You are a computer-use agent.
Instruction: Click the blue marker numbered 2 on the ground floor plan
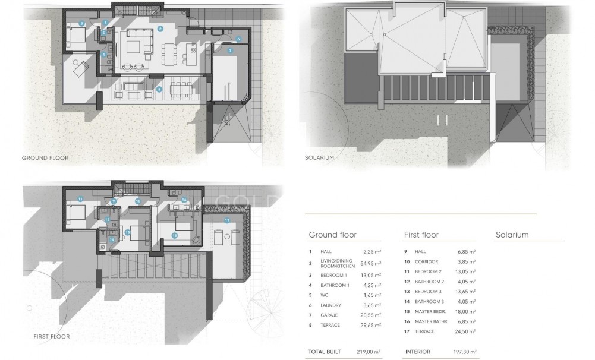click(160, 29)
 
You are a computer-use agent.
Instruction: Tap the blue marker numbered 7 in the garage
click(229, 50)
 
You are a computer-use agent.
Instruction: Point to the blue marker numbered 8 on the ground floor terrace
click(159, 89)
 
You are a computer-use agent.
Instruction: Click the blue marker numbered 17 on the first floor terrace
click(226, 220)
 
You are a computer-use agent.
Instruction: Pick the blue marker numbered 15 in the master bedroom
click(174, 235)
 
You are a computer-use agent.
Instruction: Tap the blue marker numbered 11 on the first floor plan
click(80, 198)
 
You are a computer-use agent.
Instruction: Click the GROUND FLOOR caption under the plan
click(45, 158)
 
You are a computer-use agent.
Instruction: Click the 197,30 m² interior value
click(464, 352)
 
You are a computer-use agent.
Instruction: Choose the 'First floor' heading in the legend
click(421, 235)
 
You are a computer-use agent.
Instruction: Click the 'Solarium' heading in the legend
click(512, 235)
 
